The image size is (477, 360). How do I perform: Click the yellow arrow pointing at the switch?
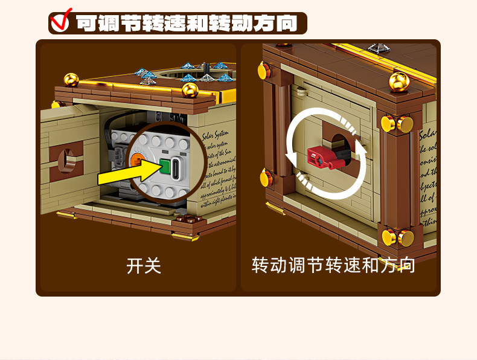tap(124, 175)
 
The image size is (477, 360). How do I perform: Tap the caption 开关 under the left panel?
tap(144, 265)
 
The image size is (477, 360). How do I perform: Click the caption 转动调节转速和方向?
tap(333, 265)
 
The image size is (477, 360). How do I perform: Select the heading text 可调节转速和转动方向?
tap(187, 24)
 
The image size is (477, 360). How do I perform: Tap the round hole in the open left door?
tap(63, 156)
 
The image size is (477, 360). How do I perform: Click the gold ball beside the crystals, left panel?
tap(190, 90)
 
